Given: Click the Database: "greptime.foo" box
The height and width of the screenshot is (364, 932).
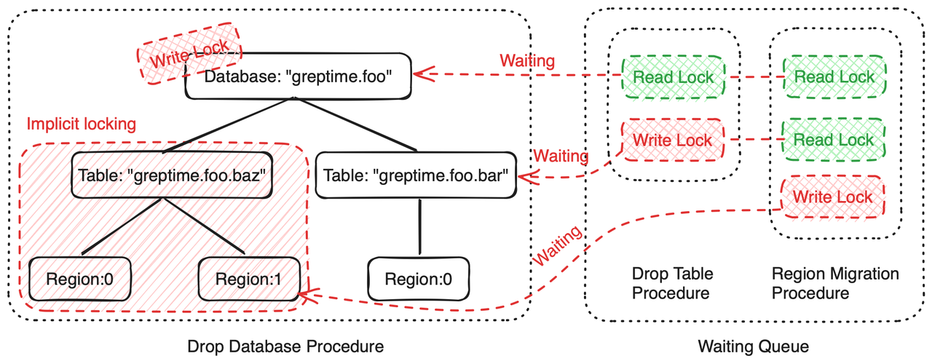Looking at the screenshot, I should pyautogui.click(x=299, y=76).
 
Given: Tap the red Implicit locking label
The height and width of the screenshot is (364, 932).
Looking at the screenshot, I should pyautogui.click(x=81, y=124).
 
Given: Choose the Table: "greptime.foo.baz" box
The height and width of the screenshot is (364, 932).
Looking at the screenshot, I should pyautogui.click(x=172, y=175).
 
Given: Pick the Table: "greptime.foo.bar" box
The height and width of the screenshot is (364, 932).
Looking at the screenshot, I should pyautogui.click(x=415, y=175).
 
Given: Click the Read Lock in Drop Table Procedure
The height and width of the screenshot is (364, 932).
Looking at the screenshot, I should pyautogui.click(x=674, y=76).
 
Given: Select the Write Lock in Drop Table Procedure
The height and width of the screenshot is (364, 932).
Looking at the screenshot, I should pyautogui.click(x=674, y=140).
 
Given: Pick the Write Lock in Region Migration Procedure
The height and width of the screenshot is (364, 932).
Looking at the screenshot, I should pyautogui.click(x=833, y=197).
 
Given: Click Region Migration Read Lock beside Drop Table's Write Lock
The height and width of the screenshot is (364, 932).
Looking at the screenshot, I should pyautogui.click(x=833, y=140).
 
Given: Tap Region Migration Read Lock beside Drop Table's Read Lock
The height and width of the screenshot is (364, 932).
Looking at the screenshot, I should pyautogui.click(x=833, y=76).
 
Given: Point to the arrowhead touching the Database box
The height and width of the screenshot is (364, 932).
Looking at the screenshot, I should pyautogui.click(x=422, y=74).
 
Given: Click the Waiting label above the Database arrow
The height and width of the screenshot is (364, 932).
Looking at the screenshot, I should pyautogui.click(x=526, y=60).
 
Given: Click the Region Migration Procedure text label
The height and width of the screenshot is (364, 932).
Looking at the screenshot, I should pyautogui.click(x=834, y=284).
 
